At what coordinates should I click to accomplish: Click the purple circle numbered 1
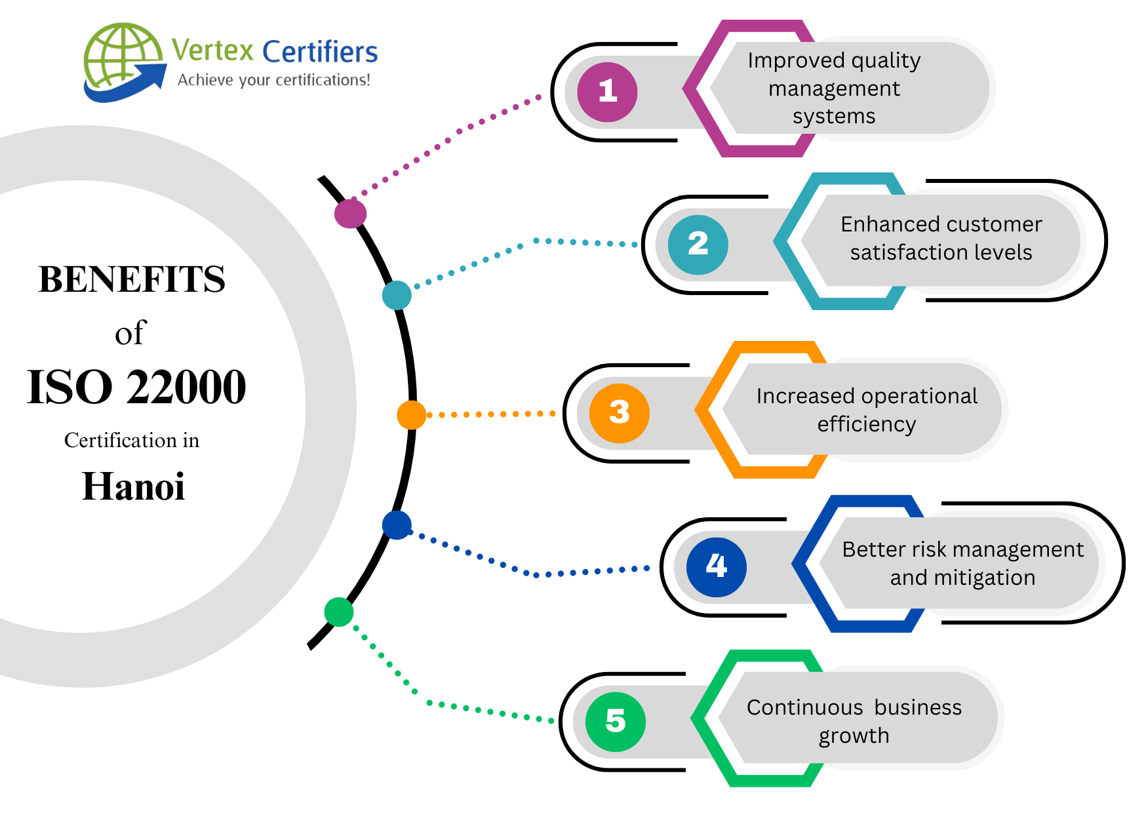(607, 92)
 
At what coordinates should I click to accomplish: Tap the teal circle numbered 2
(698, 245)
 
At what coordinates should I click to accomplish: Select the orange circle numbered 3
(619, 413)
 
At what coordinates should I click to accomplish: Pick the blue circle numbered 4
(716, 566)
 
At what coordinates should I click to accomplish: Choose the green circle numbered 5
(615, 721)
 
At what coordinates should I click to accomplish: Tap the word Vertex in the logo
(212, 50)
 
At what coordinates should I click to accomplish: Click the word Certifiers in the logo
(320, 52)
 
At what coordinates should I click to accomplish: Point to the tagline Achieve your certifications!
(273, 80)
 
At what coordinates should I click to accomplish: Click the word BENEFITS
(132, 279)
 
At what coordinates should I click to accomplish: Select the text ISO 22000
(136, 387)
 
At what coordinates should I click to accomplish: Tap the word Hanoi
(133, 486)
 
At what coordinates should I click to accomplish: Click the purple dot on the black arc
(350, 213)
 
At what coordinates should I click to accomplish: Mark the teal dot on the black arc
(397, 295)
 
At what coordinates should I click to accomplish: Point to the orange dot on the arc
(411, 415)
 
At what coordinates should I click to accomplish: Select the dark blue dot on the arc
(397, 525)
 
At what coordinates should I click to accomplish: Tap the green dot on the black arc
(339, 612)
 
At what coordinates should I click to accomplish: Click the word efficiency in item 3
(866, 424)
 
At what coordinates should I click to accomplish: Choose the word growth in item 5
(854, 736)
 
